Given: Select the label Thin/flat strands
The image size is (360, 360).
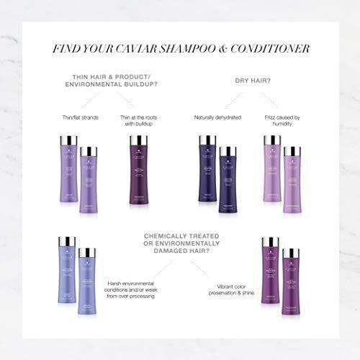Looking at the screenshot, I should click(x=79, y=117).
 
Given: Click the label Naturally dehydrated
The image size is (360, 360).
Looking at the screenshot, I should click(x=217, y=117).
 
